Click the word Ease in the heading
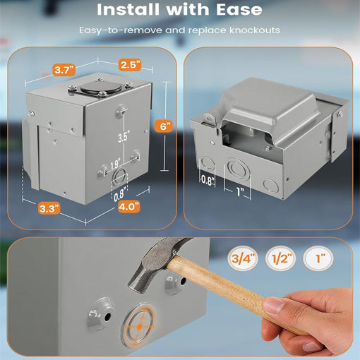pos(239,9)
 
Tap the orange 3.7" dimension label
pos(64,70)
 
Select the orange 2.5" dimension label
pos(130,64)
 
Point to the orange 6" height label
pos(164,126)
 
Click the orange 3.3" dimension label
pos(49,208)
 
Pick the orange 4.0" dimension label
pos(129,207)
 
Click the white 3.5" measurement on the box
pos(124,136)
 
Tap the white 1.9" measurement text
pos(115,164)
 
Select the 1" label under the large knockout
pos(241,192)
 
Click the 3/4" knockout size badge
pos(243,258)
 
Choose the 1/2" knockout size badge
pos(280,258)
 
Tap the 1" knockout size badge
pos(318,258)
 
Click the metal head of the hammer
pos(155,263)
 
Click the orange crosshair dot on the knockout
pos(140,326)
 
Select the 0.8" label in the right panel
pos(208,180)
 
